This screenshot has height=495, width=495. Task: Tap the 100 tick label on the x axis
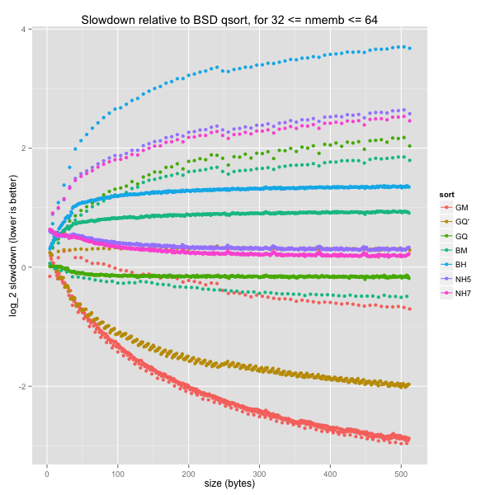[118, 473]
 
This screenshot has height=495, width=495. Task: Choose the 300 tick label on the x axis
[260, 473]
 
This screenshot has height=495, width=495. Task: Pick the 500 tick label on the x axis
[402, 473]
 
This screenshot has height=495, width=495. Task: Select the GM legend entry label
[461, 207]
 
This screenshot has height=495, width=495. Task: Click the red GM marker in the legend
[445, 207]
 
